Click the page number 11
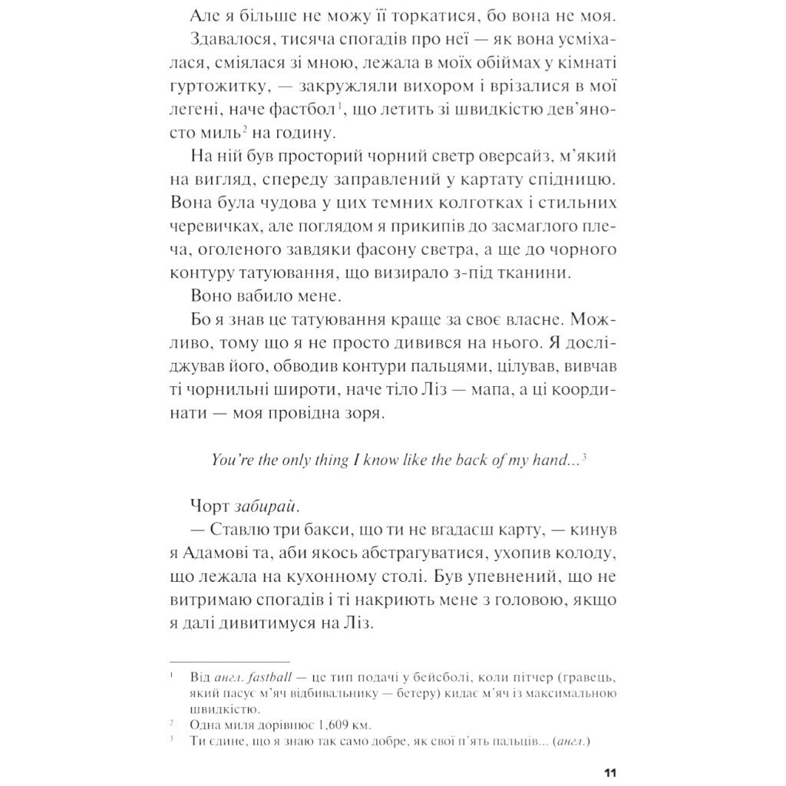(x=611, y=771)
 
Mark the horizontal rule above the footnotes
(x=230, y=661)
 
